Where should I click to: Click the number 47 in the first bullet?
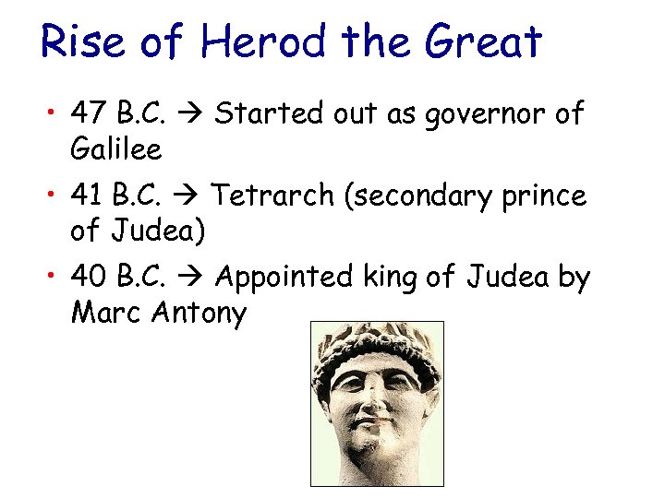[91, 114]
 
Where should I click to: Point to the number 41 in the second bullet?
[89, 196]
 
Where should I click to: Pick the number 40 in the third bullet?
[91, 277]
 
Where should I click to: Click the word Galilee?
[115, 148]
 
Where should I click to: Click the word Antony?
[200, 313]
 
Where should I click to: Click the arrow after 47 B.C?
[197, 115]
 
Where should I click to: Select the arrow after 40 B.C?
[197, 278]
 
